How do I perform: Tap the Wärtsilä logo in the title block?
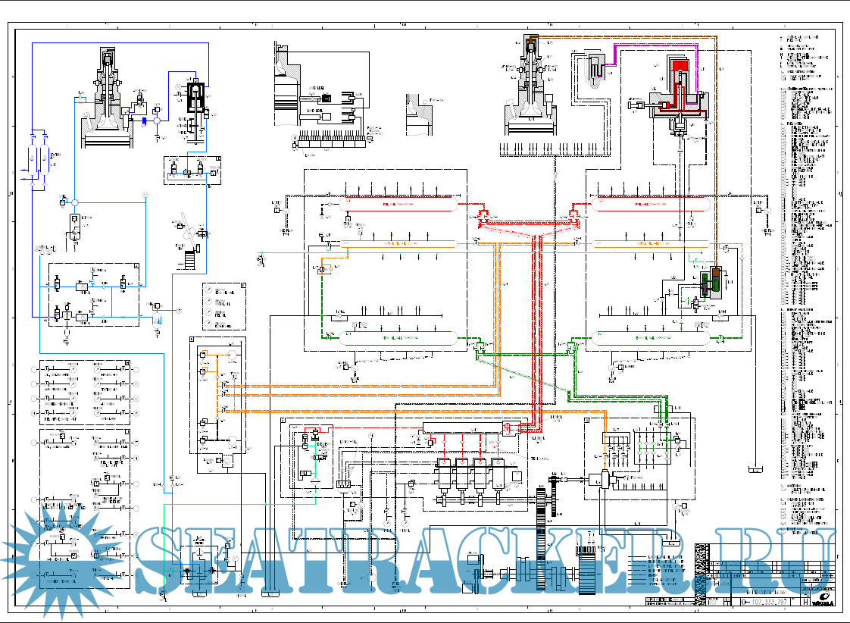point(823,602)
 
